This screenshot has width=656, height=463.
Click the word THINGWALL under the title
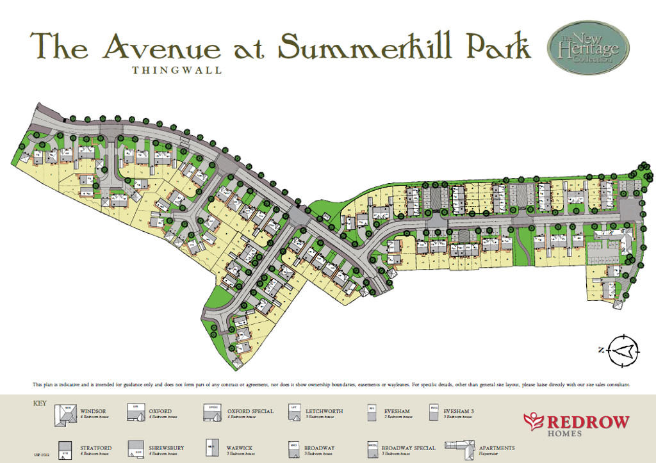(177, 70)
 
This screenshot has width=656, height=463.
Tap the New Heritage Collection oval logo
(588, 48)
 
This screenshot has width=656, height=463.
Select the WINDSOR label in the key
(93, 411)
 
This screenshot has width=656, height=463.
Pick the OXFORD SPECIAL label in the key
(250, 411)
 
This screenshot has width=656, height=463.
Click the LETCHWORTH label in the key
(324, 411)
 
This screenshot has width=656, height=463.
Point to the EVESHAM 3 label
(460, 411)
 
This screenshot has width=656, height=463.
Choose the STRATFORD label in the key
(97, 448)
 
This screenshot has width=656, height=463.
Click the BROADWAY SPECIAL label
(409, 448)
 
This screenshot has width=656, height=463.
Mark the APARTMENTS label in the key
(496, 448)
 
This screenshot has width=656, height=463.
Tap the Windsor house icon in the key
(65, 416)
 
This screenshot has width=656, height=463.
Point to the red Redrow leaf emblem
(533, 421)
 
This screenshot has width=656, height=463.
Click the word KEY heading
(40, 403)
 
